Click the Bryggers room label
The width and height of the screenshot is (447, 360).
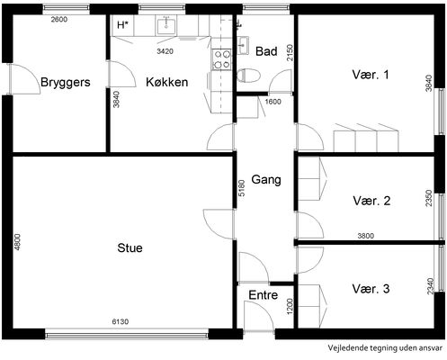66,82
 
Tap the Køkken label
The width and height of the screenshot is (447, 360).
167,82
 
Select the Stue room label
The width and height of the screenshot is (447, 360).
130,248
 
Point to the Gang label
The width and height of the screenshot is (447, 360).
266,180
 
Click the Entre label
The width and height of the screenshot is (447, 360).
264,295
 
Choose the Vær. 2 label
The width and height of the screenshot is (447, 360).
371,201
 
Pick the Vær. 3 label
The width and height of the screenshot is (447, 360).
371,289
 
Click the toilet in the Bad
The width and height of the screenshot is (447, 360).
248,76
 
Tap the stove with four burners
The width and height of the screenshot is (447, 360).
221,59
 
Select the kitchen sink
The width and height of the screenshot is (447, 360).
166,25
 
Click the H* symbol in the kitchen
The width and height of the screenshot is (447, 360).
122,25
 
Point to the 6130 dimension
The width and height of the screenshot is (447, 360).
121,322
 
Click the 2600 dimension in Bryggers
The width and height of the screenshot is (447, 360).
59,20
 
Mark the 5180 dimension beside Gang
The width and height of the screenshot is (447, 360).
242,188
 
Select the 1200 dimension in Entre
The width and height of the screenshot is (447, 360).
290,307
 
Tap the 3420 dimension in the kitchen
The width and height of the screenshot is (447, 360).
165,51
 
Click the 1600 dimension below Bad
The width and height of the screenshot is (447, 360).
273,102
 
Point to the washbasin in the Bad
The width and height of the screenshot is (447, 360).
243,46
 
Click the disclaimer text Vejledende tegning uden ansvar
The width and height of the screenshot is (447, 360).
385,348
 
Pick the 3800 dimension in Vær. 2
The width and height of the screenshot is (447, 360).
366,236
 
